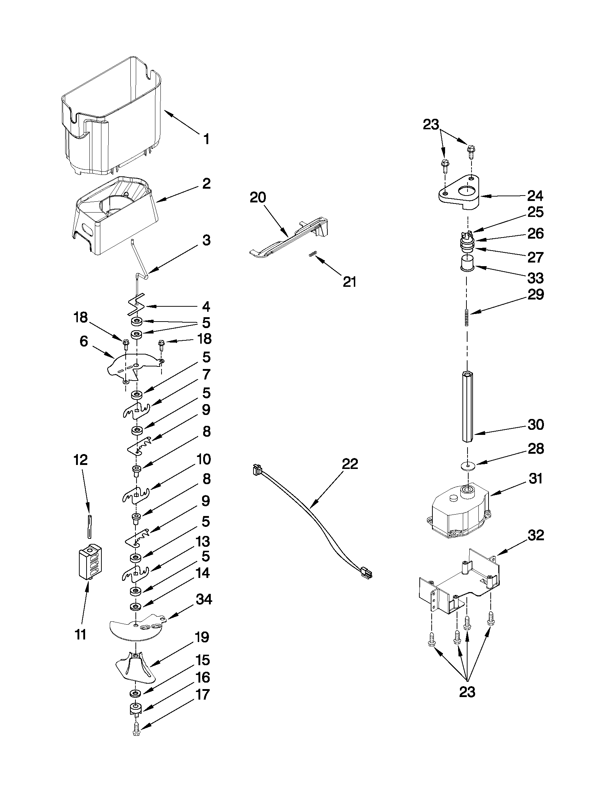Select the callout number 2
[206, 184]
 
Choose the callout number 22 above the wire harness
[350, 464]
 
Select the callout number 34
[203, 599]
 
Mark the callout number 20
[258, 198]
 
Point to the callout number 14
[203, 573]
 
